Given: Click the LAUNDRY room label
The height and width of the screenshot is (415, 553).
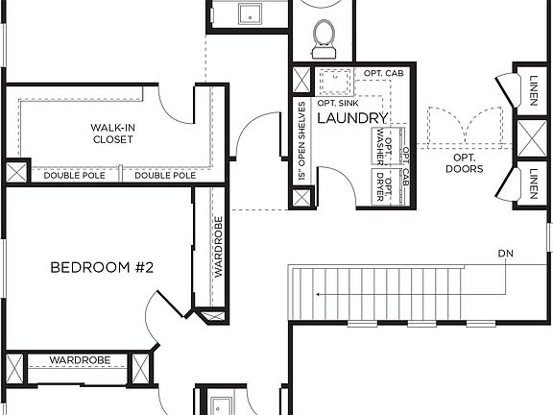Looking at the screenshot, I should click(351, 118).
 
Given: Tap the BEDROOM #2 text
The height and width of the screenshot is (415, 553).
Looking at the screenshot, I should click(102, 267).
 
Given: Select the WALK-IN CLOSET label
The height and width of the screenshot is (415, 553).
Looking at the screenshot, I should click(112, 134).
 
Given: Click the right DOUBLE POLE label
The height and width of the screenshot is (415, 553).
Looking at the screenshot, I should click(165, 176).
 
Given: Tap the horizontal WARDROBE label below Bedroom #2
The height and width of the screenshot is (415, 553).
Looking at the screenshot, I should click(80, 360).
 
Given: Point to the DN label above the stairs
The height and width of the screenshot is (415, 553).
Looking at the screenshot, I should click(507, 254).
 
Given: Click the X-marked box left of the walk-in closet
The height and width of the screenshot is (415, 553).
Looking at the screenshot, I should click(16, 174).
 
